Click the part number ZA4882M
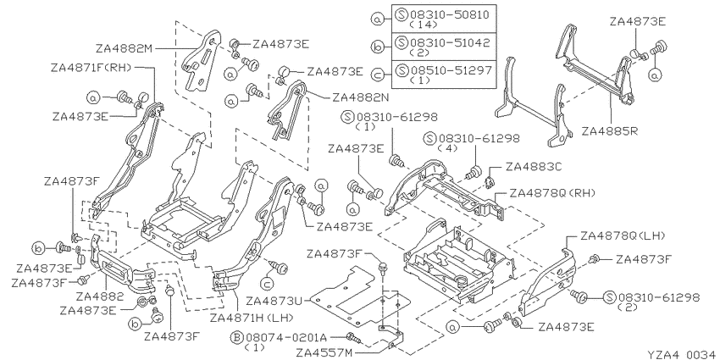point(124,48)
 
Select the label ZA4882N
point(361,97)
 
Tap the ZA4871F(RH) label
point(91,68)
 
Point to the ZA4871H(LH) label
point(252,318)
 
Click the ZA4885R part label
point(610,131)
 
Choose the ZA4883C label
point(534,167)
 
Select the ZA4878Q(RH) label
point(552,193)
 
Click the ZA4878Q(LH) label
point(623,236)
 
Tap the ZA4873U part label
point(274,302)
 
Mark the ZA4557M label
point(324,353)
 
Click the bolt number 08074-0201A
point(285,339)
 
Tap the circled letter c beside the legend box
point(378,74)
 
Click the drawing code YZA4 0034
point(682,354)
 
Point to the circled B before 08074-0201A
point(237,339)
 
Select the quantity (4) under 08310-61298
point(445,148)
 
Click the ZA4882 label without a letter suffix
point(100,296)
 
